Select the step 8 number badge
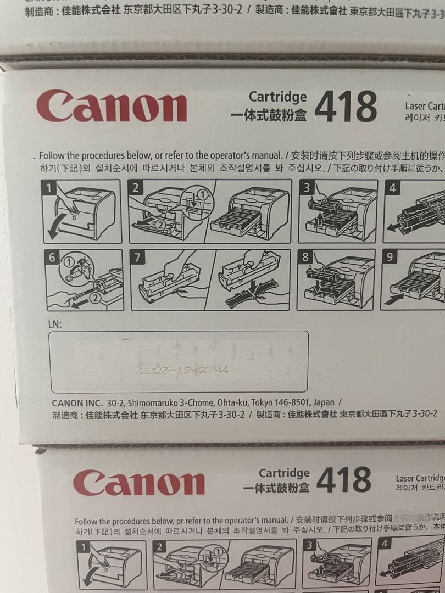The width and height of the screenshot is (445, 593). [306, 257]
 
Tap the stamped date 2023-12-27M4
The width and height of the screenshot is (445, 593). [183, 371]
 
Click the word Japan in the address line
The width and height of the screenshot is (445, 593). [324, 402]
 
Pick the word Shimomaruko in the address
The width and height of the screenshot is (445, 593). [150, 402]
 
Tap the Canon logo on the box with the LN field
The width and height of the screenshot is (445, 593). [111, 107]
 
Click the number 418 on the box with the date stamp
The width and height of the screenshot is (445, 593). [346, 106]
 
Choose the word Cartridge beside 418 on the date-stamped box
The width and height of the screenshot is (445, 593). [278, 97]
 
